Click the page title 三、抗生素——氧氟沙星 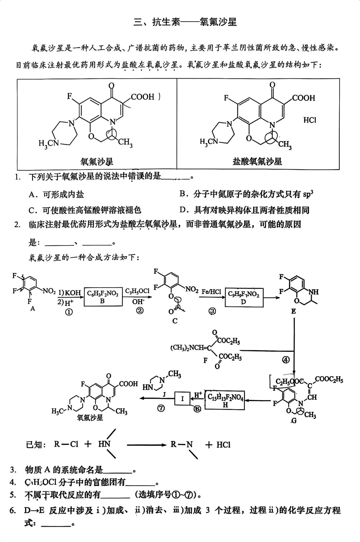pos(185,22)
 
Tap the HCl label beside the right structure pos(310,120)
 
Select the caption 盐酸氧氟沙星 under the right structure pos(257,162)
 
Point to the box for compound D pos(244,297)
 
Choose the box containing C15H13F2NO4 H pos(225,400)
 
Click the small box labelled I pos(182,398)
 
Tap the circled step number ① pos(69,312)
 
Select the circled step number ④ pos(286,360)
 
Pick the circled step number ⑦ pos(161,408)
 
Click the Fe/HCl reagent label pos(211,292)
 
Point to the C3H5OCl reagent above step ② pos(137,291)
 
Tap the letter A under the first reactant pos(32,309)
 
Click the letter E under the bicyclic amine pos(293,311)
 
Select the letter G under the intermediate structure pos(294,421)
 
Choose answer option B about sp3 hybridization pos(246,194)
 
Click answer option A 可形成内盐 pos(56,195)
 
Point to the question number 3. pos(13,470)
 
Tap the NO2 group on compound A pos(49,291)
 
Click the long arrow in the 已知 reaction pos(147,445)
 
